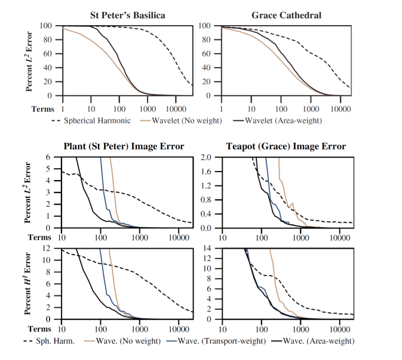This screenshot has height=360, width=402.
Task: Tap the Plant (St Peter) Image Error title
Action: coord(124,147)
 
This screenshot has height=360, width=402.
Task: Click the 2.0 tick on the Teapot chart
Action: coord(204,158)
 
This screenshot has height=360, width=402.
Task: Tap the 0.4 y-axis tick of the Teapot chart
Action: coord(204,214)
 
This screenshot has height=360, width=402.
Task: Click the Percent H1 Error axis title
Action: coord(29,283)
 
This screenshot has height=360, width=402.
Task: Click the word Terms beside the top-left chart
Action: coord(43,109)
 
